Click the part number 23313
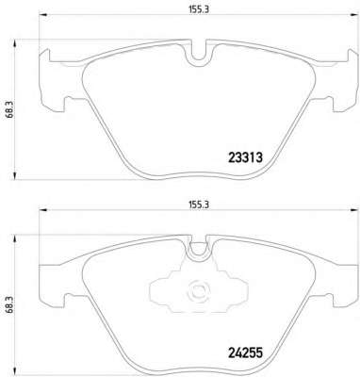[x=245, y=157]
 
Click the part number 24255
[x=245, y=352]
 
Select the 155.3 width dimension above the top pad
[x=199, y=9]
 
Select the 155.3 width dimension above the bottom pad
[x=199, y=205]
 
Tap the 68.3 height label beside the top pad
[x=9, y=109]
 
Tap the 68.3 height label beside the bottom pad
[x=9, y=304]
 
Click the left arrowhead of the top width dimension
[x=42, y=15]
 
